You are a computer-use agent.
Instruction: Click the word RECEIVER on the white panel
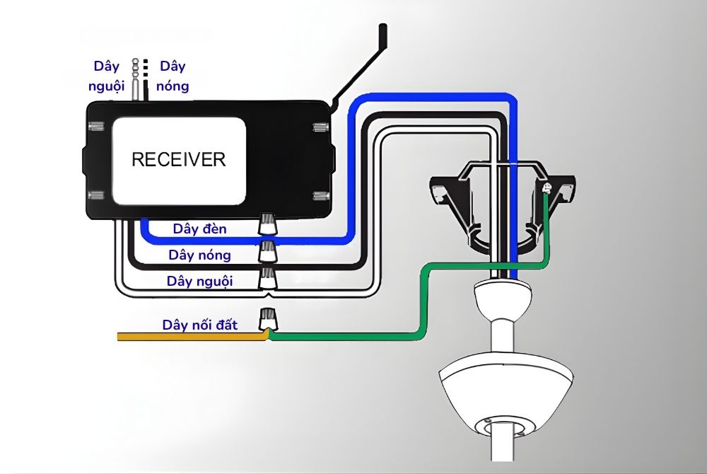click(178, 158)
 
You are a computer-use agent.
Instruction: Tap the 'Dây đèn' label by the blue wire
click(199, 230)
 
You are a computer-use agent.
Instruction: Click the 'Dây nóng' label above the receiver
click(173, 76)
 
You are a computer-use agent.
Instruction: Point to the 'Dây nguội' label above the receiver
click(108, 76)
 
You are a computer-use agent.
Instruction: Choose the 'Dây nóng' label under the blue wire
click(199, 255)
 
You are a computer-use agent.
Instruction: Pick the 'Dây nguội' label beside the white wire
click(199, 281)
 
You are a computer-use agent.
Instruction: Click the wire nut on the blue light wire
click(268, 226)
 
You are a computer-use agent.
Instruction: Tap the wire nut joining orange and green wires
click(268, 320)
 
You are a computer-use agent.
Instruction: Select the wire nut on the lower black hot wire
click(268, 250)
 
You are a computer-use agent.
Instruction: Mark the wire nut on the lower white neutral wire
click(268, 277)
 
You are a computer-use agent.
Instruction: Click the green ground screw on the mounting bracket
click(547, 188)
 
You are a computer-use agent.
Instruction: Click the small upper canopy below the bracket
click(502, 297)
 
